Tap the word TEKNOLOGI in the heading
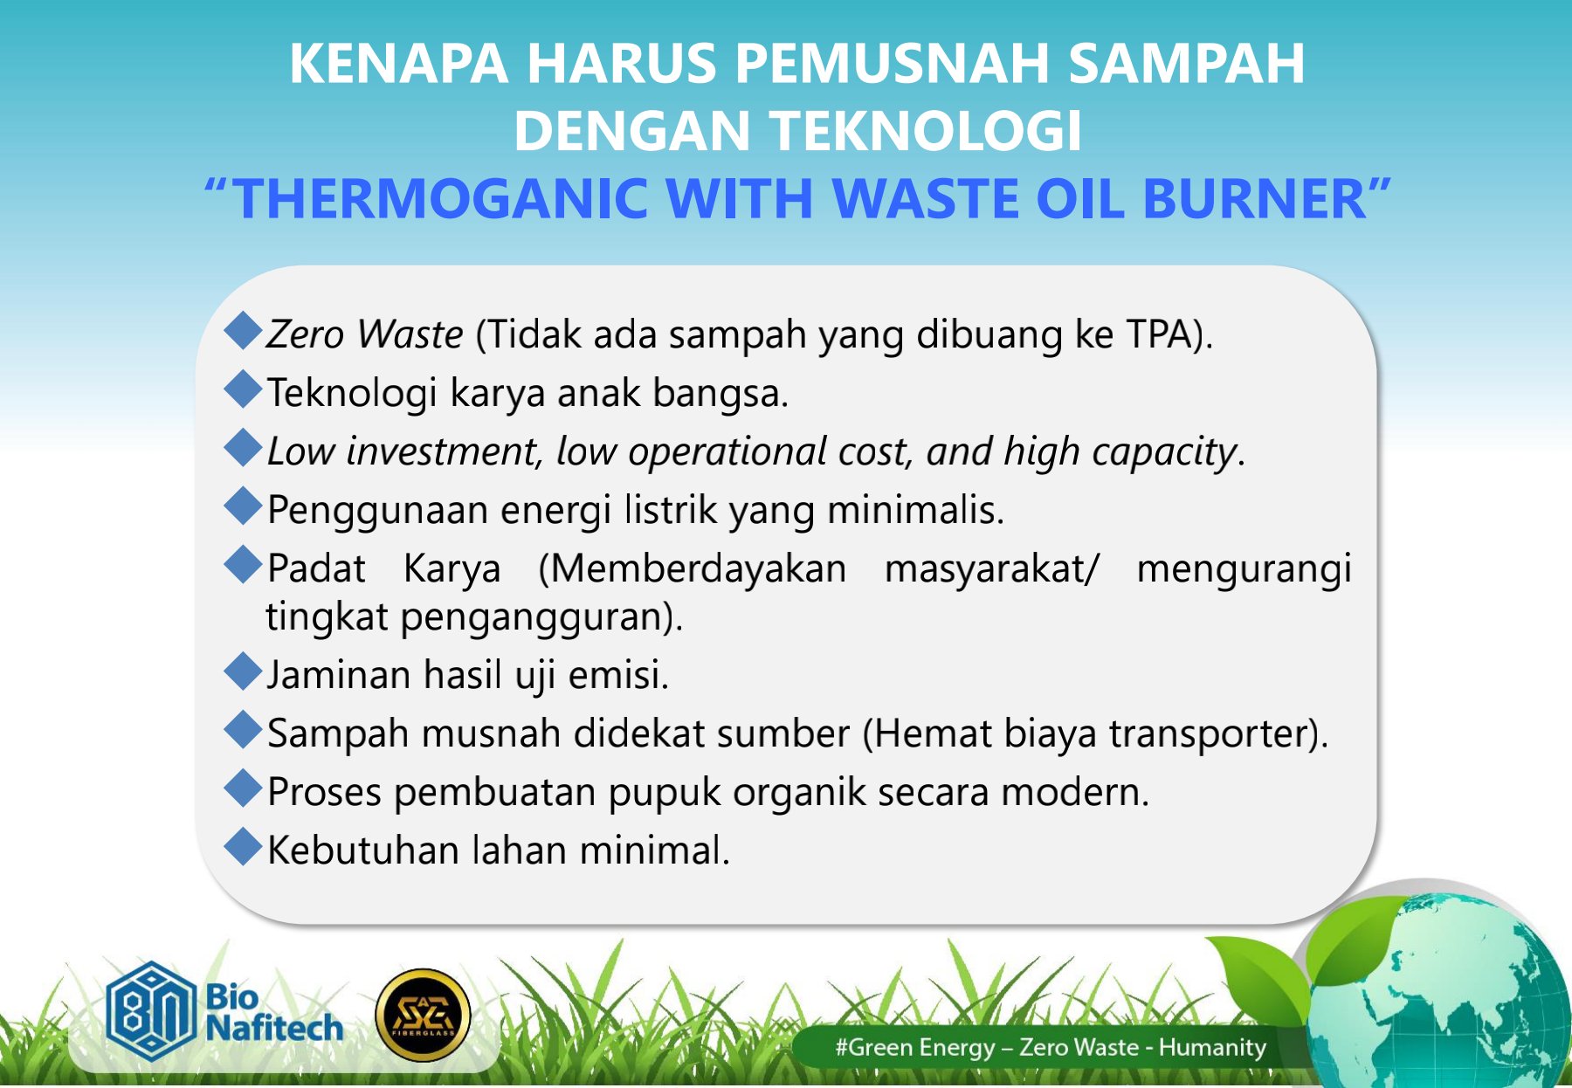927,131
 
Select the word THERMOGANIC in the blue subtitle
441,198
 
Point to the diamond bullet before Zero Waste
243,332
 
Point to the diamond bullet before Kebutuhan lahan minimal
243,846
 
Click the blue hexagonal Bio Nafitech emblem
150,1011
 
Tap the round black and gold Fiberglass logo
423,1016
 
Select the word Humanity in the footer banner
1212,1048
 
